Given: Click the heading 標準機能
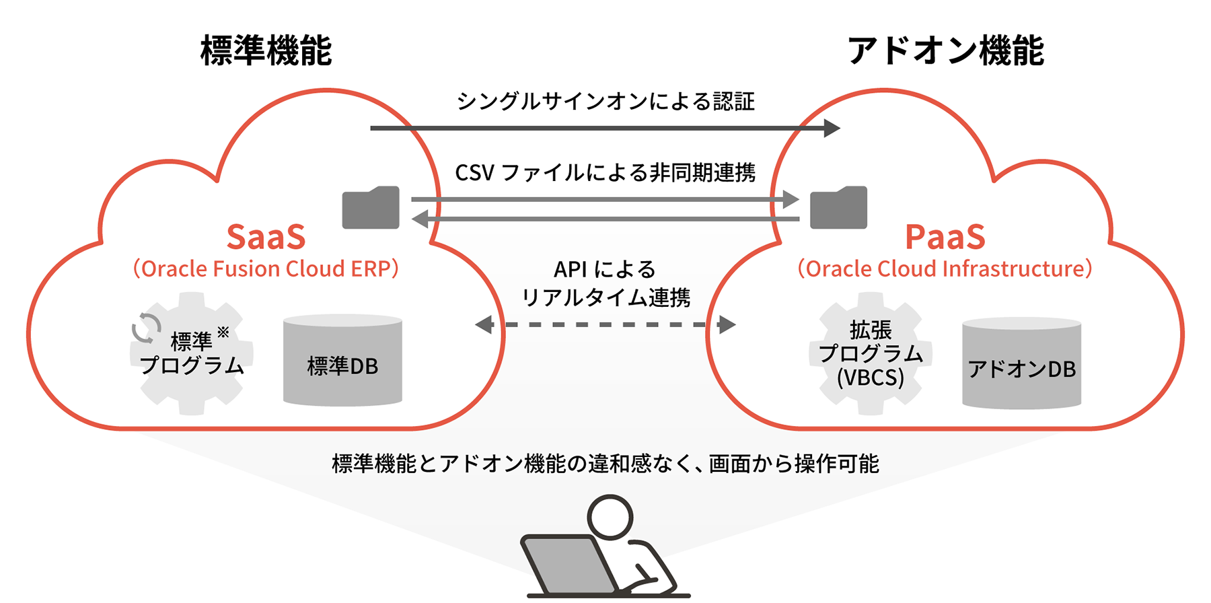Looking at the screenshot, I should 266,51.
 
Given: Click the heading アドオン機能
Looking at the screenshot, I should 945,51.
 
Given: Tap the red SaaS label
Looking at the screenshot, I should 266,237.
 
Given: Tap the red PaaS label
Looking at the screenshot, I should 945,237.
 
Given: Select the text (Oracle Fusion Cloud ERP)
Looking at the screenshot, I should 266,269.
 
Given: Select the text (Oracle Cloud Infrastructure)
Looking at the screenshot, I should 945,269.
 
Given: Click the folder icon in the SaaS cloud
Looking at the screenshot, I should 371,208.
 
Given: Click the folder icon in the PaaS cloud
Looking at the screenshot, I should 838,208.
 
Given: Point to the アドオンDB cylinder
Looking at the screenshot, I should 1021,363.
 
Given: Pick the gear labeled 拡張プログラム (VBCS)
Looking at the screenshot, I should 870,354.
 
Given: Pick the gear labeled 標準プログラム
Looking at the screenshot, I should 192,354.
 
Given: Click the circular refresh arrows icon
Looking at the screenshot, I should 146,328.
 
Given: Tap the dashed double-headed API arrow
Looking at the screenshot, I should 605,325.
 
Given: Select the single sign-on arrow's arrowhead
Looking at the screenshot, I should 832,128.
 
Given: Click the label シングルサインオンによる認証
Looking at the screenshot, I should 605,102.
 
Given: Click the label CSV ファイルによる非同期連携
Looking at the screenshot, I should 605,173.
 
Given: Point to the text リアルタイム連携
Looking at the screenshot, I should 605,297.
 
